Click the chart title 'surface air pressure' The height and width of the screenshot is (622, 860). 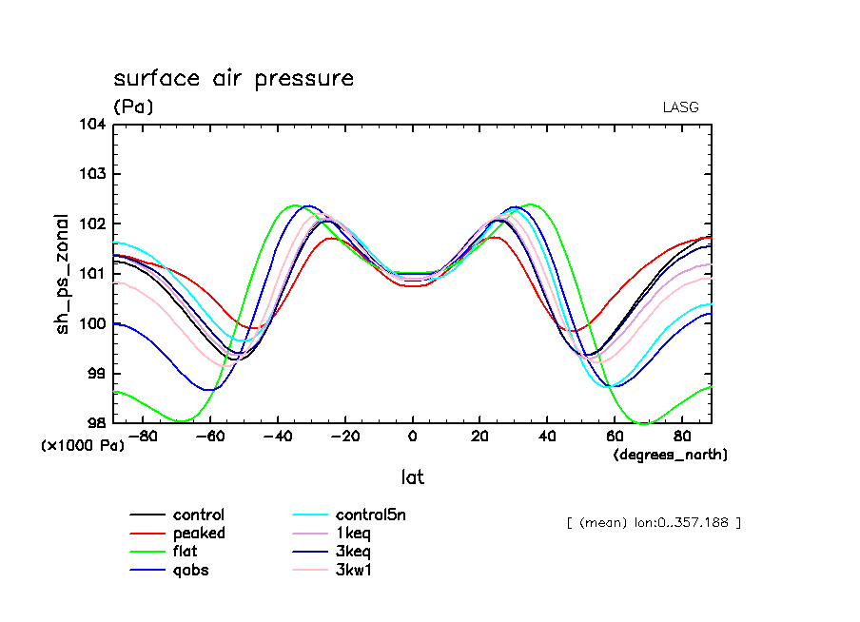tap(233, 78)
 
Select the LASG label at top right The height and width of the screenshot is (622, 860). tap(680, 107)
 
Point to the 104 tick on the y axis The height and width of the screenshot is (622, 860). tap(98, 125)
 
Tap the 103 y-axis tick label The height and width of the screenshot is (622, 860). tap(98, 174)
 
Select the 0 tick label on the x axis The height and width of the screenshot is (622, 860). tap(412, 437)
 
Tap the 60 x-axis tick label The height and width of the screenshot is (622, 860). tap(615, 437)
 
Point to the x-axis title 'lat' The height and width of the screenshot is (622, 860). tap(412, 477)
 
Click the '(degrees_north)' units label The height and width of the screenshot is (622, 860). tap(671, 455)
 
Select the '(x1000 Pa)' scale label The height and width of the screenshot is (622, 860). tap(83, 444)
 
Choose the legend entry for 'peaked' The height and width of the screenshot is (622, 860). tap(199, 534)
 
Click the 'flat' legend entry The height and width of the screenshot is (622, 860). tap(186, 552)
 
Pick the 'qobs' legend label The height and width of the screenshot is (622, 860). tap(190, 571)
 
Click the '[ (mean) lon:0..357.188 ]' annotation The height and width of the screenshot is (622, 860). tap(654, 522)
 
